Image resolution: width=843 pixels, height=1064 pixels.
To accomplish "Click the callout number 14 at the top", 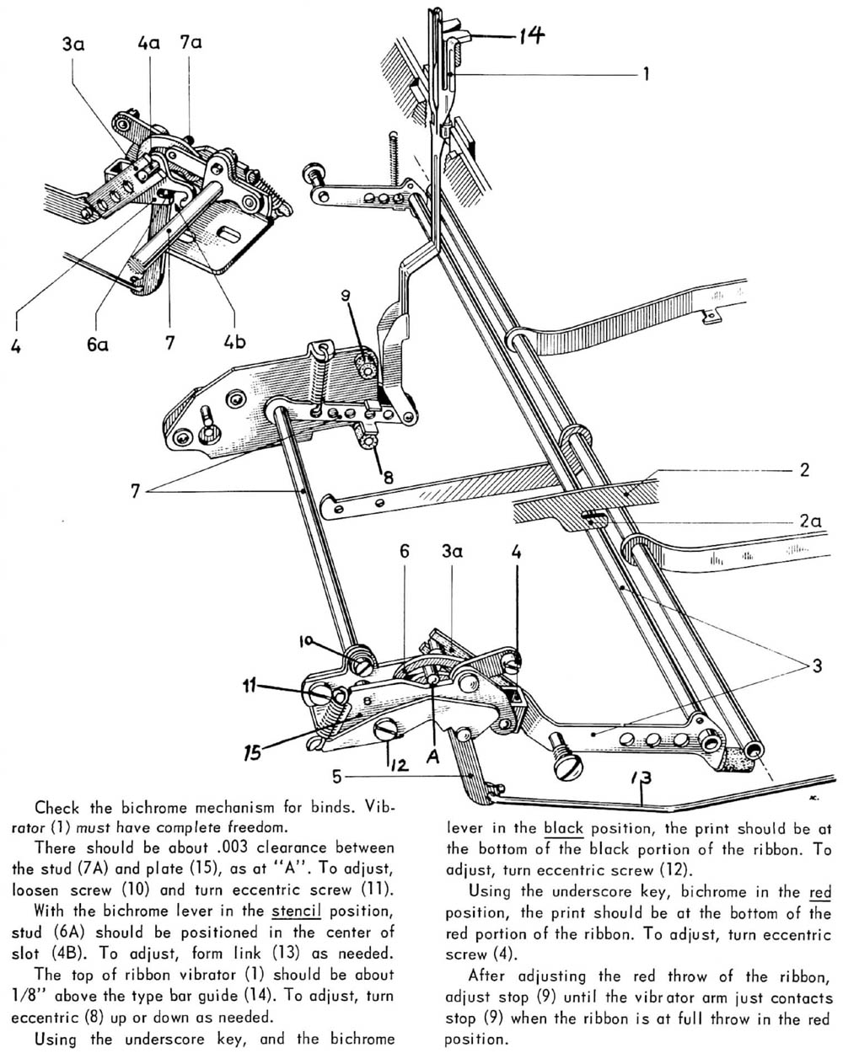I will [x=525, y=35].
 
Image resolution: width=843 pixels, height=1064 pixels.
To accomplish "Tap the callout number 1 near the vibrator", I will [x=646, y=74].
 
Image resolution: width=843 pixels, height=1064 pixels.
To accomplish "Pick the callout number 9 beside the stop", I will [x=345, y=296].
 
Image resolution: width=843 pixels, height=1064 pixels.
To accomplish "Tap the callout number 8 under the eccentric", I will [x=386, y=477].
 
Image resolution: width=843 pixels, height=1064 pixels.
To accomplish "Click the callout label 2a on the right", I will [x=810, y=522].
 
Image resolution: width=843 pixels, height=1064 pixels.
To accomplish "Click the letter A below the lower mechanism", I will [x=433, y=757].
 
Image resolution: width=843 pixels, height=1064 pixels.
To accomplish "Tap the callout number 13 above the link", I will [x=643, y=776].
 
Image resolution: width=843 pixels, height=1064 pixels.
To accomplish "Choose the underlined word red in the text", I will [x=819, y=891].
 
